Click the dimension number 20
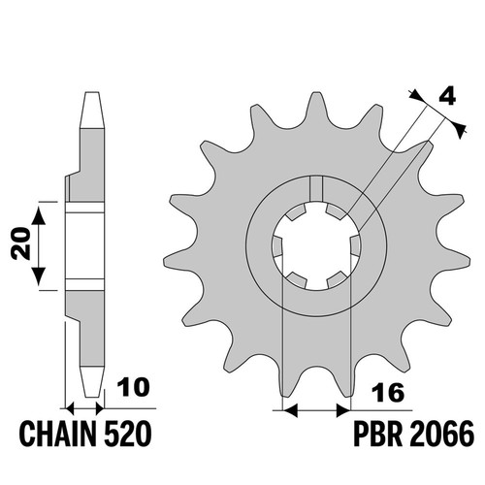tap(20, 243)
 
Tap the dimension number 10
tap(134, 387)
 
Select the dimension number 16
tap(388, 393)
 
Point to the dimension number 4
tap(447, 96)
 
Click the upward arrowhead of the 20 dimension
tap(39, 215)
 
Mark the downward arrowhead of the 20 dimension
tap(39, 276)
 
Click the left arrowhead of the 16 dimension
tap(290, 410)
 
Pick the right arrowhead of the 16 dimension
tap(343, 410)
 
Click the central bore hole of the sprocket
tap(316, 245)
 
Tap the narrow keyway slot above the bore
tap(316, 189)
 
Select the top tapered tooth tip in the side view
tap(92, 110)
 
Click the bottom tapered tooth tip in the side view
tap(92, 382)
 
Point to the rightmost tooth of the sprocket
tap(456, 258)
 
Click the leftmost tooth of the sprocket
tap(178, 258)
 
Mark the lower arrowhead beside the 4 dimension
tap(459, 129)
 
